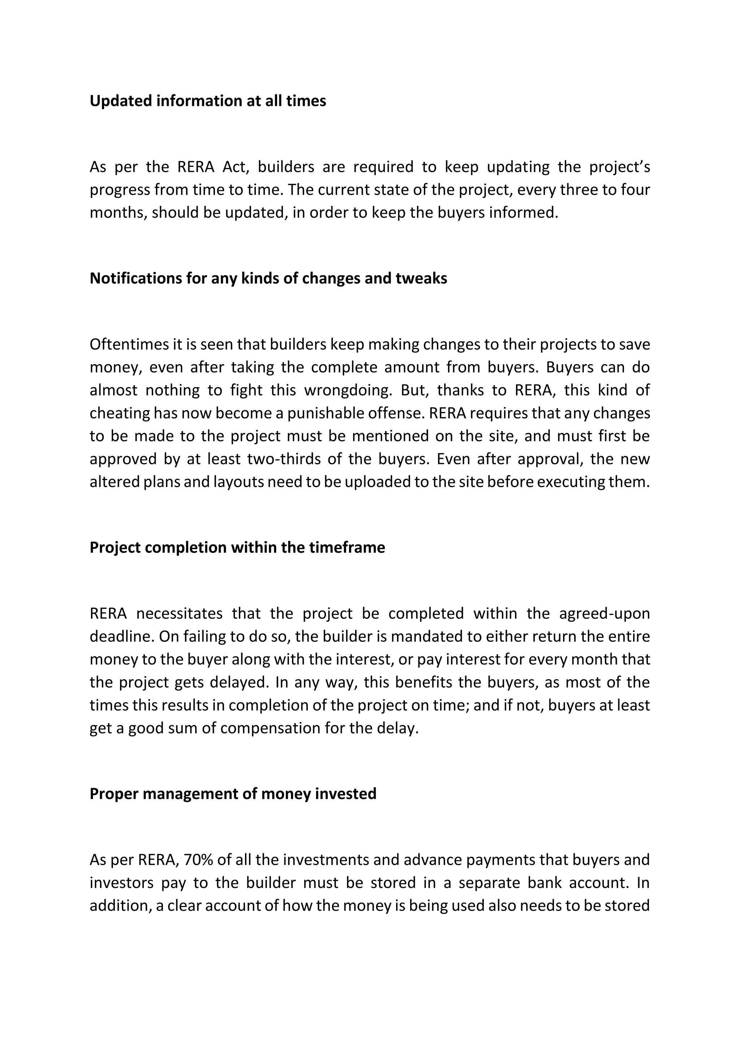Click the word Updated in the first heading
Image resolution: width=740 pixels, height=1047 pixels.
120,101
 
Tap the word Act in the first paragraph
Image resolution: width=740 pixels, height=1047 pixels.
234,167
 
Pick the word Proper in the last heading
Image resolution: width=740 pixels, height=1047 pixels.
114,794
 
